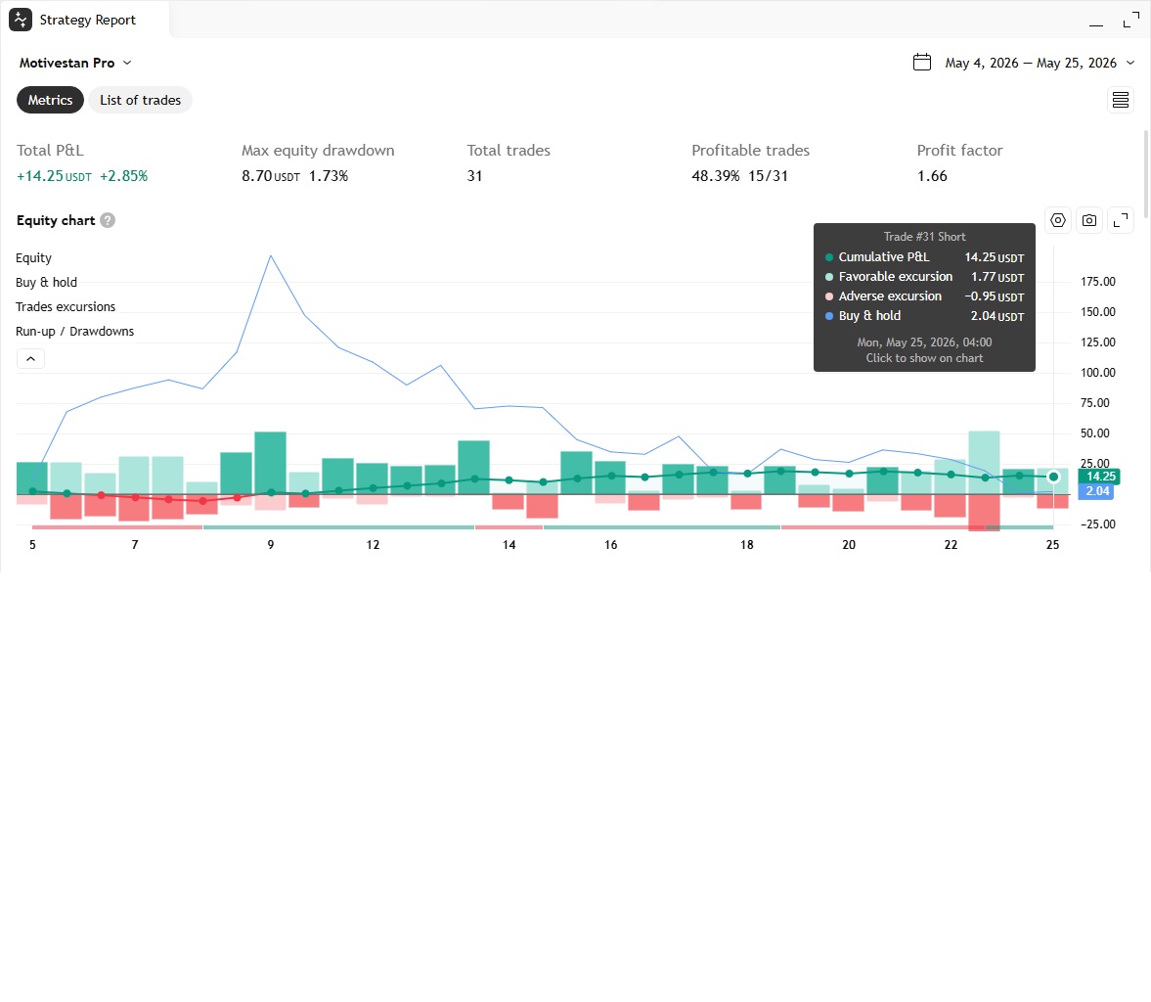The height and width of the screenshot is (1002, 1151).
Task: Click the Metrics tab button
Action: tap(50, 100)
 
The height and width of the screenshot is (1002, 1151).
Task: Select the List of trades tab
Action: tap(140, 100)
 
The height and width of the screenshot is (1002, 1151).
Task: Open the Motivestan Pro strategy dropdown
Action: tap(75, 64)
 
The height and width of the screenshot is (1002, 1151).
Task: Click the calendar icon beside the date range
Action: tap(922, 63)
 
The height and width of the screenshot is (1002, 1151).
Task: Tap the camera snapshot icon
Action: tap(1089, 220)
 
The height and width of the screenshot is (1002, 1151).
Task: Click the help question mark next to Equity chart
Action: tap(108, 220)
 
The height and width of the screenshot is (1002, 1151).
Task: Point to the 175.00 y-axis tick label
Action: tap(1097, 282)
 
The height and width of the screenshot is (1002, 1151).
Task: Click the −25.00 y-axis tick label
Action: tap(1097, 524)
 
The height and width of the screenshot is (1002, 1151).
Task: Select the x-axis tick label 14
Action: tap(509, 545)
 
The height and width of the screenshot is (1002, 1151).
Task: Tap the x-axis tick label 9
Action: tap(271, 545)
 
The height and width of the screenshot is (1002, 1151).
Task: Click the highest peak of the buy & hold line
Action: tap(271, 255)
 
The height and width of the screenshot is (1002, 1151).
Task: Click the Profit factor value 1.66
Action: tap(932, 176)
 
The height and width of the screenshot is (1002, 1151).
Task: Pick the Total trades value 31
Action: tap(475, 176)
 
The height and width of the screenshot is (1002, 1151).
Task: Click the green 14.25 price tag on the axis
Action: tap(1099, 477)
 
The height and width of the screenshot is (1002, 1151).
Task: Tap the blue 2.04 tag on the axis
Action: tap(1096, 491)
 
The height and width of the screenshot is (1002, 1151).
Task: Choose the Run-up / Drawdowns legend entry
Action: tap(75, 332)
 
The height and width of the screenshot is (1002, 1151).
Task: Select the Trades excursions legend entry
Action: tap(66, 307)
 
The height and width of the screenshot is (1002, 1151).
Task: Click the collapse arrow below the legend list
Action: tap(31, 359)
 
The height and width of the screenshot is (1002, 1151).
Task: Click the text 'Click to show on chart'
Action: tap(924, 358)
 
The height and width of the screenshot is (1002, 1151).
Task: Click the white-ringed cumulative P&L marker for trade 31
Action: tap(1053, 478)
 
